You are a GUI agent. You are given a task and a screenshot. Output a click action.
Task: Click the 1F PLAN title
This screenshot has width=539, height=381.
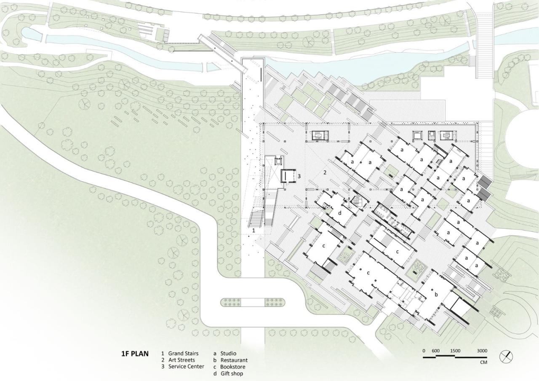pos(135,354)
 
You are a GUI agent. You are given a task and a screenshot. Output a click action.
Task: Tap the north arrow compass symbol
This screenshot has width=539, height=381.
pos(506,357)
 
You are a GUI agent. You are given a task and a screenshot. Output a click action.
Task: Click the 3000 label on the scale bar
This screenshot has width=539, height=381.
pos(482,351)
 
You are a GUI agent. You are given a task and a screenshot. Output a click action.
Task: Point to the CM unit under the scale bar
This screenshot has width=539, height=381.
pos(483,362)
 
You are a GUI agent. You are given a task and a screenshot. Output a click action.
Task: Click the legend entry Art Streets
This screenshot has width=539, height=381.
pos(181,360)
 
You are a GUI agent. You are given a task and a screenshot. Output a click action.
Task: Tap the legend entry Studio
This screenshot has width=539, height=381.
pos(228,354)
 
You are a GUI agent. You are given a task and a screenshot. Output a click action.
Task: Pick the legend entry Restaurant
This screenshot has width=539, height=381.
pos(234,360)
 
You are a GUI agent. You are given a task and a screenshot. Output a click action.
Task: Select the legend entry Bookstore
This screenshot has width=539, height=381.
pos(232,367)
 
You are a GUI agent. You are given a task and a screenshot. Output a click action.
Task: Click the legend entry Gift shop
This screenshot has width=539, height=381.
pos(232,373)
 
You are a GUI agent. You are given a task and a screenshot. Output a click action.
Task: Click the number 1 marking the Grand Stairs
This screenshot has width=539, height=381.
pos(253,231)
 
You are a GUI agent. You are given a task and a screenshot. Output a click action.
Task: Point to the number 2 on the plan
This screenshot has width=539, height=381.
pos(325,172)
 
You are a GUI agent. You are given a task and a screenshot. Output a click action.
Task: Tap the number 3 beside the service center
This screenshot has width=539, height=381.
pos(299,176)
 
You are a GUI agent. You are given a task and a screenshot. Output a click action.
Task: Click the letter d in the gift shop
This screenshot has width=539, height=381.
pos(339,212)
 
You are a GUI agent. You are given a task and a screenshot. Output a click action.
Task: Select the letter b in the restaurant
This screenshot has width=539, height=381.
pos(436,294)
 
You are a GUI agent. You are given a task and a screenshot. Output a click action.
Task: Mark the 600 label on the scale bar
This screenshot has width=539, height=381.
pos(435,351)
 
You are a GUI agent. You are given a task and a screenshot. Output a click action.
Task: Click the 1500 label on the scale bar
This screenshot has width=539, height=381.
pos(455,351)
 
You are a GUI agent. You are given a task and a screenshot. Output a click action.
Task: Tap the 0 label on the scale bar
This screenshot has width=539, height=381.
pos(424,351)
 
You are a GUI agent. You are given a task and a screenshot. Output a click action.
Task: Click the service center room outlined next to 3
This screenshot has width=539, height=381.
pos(288,176)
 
